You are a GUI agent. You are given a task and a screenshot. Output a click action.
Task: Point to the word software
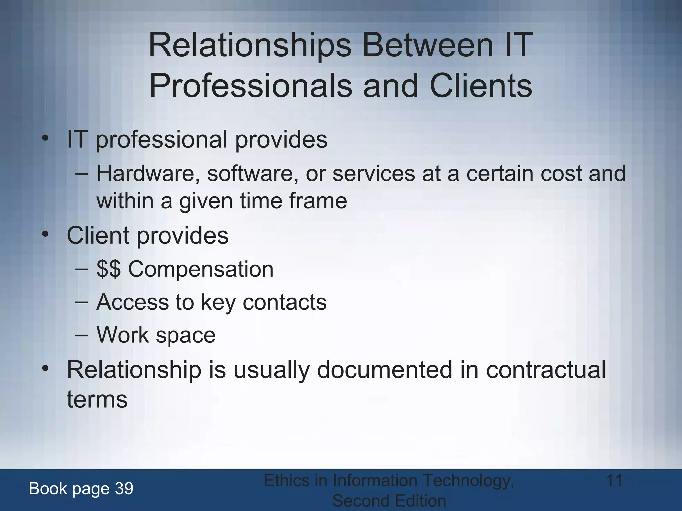pyautogui.click(x=253, y=174)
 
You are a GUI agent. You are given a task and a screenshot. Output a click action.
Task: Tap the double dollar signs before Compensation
pyautogui.click(x=108, y=269)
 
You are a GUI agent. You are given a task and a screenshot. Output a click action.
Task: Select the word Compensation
pyautogui.click(x=201, y=269)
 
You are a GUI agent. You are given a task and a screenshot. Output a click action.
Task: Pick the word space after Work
pyautogui.click(x=185, y=335)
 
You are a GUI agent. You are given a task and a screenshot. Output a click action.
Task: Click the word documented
pyautogui.click(x=385, y=370)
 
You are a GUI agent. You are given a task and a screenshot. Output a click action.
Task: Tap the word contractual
pyautogui.click(x=546, y=370)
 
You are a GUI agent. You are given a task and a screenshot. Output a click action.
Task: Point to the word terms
pyautogui.click(x=97, y=399)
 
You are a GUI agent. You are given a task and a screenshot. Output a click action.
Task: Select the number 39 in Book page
pyautogui.click(x=124, y=488)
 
